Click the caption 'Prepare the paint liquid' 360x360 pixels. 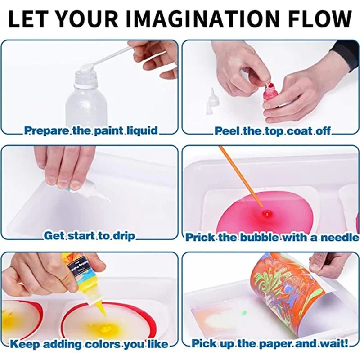(91, 131)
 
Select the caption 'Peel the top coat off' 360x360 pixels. (273, 131)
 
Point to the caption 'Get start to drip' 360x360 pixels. (89, 236)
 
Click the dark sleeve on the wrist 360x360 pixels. (346, 54)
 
